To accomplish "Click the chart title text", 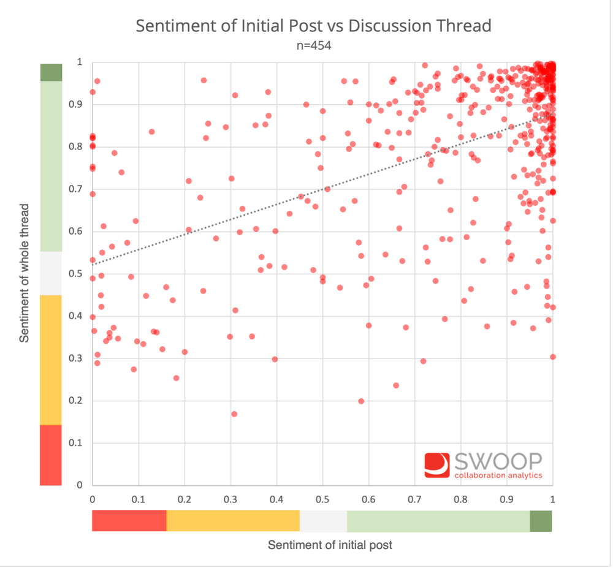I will coord(313,26).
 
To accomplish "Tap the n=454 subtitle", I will coord(313,45).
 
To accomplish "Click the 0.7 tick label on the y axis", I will coord(75,189).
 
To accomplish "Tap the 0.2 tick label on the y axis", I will coord(75,401).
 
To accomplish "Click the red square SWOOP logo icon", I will coord(437,465).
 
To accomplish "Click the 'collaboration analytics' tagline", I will coord(498,475).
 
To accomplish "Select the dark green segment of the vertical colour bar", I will coord(50,72).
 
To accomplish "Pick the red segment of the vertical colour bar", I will coord(50,455).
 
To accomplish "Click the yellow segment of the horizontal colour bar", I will coord(233,521).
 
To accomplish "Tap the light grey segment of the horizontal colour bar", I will coord(323,521).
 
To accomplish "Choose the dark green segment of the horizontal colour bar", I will coord(541,521).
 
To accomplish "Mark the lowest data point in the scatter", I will coord(234,414).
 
